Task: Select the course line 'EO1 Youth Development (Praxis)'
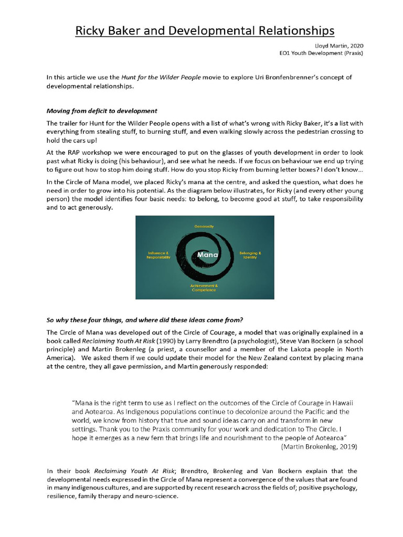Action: (321, 53)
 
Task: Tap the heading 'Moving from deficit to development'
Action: (102, 111)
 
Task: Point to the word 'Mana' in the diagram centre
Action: (206, 255)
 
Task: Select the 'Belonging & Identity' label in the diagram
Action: (250, 255)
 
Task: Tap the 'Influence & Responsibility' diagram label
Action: (158, 255)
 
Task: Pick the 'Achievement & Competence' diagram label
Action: (204, 287)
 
